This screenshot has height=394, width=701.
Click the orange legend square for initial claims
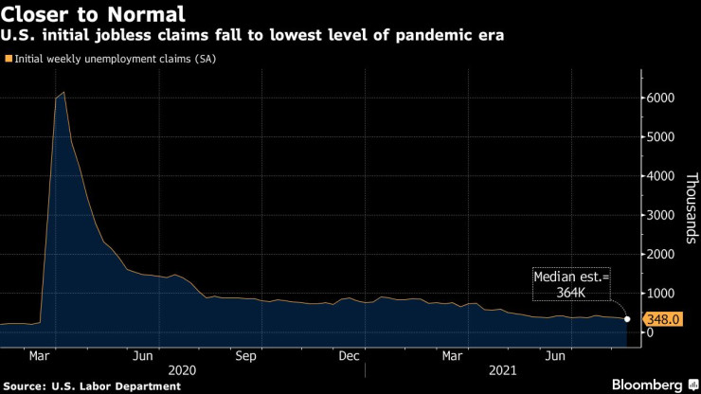pyautogui.click(x=9, y=59)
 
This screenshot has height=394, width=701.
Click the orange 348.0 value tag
pyautogui.click(x=663, y=320)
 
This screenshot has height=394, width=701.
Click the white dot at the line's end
pyautogui.click(x=627, y=319)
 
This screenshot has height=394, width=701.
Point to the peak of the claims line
pyautogui.click(x=63, y=93)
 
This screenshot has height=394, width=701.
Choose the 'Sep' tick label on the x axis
pyautogui.click(x=246, y=356)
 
